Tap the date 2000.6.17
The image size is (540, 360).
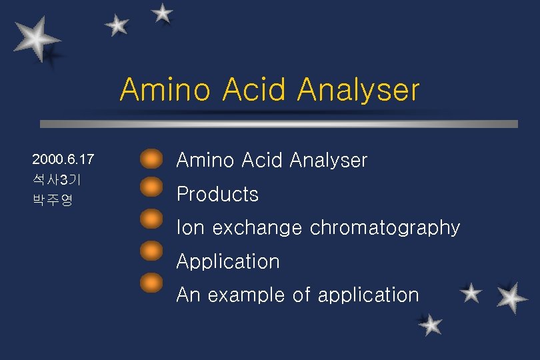coord(63,160)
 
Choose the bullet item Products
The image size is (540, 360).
coord(217,195)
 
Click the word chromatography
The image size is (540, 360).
coord(385,229)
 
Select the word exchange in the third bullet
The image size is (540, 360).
coord(257,228)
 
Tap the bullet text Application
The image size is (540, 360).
coord(228,262)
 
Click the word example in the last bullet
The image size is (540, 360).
coord(247,295)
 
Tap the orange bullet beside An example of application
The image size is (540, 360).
coord(152,282)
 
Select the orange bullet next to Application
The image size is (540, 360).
coord(152,251)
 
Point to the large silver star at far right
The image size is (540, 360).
coord(512,297)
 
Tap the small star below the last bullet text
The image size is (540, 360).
coord(431,325)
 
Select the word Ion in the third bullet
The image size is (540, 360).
coord(191,228)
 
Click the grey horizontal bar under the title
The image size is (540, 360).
coord(279,124)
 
